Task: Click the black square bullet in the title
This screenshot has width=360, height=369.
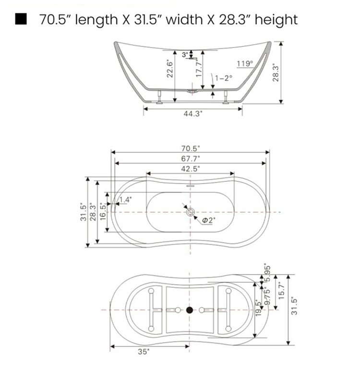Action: pyautogui.click(x=21, y=19)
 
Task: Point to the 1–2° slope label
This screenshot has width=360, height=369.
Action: pyautogui.click(x=224, y=78)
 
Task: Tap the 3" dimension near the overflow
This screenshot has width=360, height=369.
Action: pyautogui.click(x=185, y=55)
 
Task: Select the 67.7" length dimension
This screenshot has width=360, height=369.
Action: pyautogui.click(x=191, y=159)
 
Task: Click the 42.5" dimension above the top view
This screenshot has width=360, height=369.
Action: pyautogui.click(x=191, y=168)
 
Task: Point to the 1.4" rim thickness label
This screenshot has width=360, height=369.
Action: pyautogui.click(x=125, y=199)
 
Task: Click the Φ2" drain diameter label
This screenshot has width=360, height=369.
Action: pyautogui.click(x=209, y=220)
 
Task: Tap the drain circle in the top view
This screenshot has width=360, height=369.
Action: pyautogui.click(x=190, y=212)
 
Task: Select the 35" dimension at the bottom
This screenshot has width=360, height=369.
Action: pyautogui.click(x=143, y=352)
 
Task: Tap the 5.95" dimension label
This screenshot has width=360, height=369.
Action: pyautogui.click(x=268, y=272)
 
